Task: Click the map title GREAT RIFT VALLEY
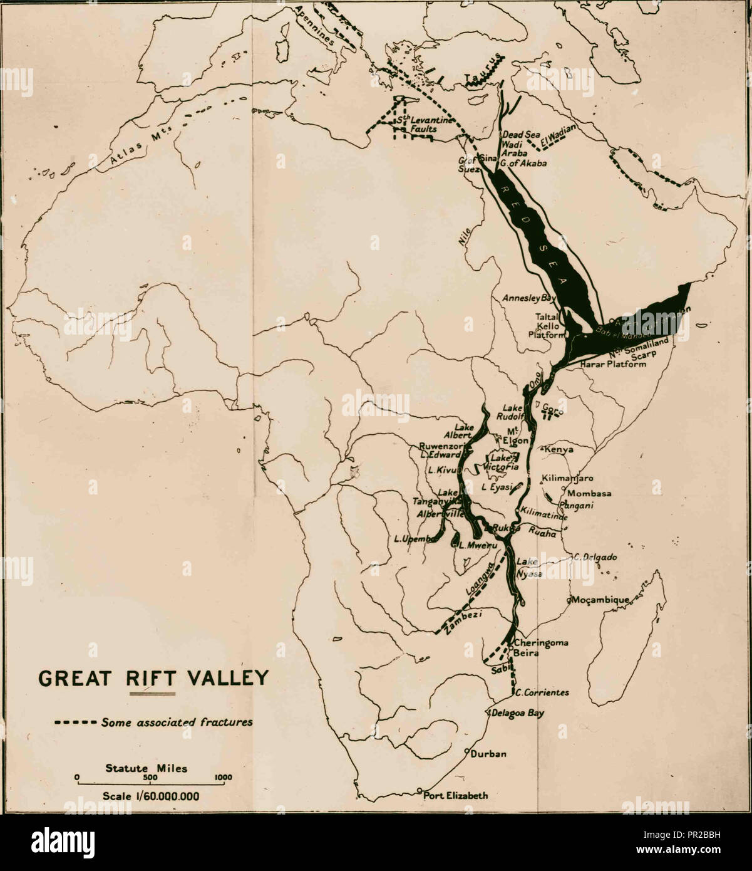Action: [x=153, y=679]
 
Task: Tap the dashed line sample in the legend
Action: [x=75, y=722]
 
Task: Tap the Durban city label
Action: [x=488, y=754]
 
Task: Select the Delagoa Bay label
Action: [x=518, y=713]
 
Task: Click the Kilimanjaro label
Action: [x=568, y=477]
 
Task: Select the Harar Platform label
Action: [x=613, y=364]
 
